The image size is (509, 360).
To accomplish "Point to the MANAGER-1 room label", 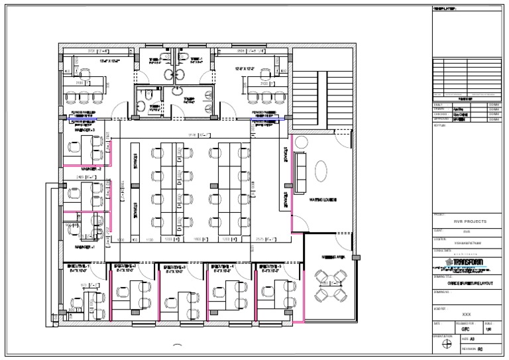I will (x=85, y=247).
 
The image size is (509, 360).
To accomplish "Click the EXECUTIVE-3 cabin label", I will (x=176, y=267).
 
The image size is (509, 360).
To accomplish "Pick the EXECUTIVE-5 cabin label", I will (x=274, y=267).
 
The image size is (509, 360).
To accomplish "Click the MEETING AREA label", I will (x=331, y=257).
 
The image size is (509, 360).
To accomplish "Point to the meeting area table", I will (x=329, y=284).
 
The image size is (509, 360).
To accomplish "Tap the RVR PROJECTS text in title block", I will (x=470, y=221).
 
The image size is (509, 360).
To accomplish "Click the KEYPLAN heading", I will (x=441, y=123).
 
